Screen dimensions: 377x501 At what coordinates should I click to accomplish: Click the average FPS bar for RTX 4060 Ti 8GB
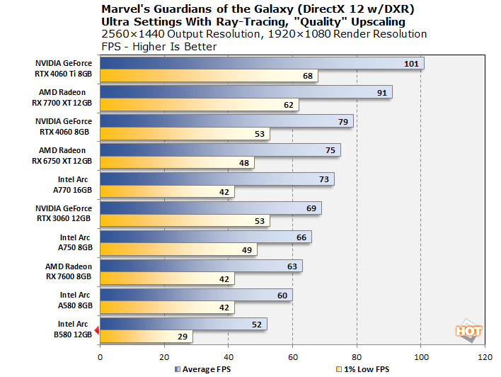point(262,64)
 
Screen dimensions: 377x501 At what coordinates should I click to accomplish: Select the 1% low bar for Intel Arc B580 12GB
point(146,337)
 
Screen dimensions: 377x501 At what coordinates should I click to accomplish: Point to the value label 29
point(182,337)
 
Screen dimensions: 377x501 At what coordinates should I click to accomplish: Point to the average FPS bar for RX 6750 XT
point(220,150)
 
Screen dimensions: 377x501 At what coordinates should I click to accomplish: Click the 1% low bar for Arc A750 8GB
point(178,249)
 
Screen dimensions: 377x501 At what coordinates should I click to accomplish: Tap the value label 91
point(381,93)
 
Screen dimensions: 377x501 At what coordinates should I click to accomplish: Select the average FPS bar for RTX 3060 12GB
point(211,208)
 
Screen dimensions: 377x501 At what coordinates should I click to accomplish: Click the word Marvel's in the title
point(127,9)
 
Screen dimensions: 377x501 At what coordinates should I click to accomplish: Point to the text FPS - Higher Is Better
point(159,46)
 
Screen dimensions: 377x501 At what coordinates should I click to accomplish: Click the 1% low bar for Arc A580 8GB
point(167,308)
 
